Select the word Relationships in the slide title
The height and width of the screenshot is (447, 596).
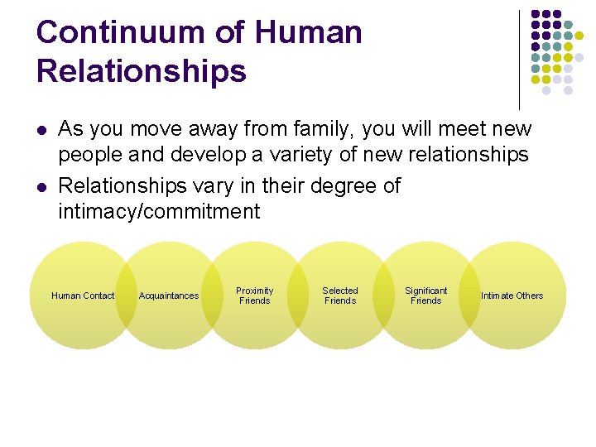point(142,71)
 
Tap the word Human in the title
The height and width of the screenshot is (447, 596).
point(309,32)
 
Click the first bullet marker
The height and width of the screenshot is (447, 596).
point(41,130)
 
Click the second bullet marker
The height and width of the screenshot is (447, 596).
point(41,186)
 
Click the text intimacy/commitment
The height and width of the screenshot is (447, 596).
point(158,212)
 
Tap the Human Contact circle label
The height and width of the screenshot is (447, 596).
point(83,296)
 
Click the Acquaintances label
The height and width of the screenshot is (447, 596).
point(169,296)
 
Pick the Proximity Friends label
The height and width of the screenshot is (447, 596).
point(254,296)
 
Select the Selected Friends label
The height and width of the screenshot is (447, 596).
point(340,296)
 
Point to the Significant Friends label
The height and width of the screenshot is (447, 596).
point(425,296)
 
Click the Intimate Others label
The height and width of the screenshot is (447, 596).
point(512,296)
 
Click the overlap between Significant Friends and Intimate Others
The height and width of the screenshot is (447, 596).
point(469,296)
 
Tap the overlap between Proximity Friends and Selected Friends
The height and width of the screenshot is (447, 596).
point(297,296)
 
